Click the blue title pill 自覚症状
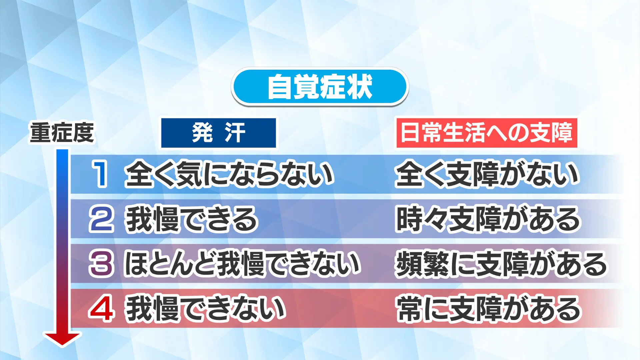(320, 87)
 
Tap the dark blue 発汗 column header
(219, 133)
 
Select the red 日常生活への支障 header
(486, 133)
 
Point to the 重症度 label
(62, 133)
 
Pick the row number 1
(100, 173)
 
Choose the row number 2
(101, 219)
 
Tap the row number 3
(101, 264)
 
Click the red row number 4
(101, 309)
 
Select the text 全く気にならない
(229, 174)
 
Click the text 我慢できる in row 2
(191, 219)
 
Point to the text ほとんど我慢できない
(242, 264)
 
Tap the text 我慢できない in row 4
(205, 309)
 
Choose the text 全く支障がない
(487, 174)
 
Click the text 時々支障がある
(488, 219)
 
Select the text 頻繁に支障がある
(501, 264)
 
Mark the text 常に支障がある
(489, 309)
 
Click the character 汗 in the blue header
(235, 133)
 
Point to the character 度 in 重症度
(84, 133)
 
